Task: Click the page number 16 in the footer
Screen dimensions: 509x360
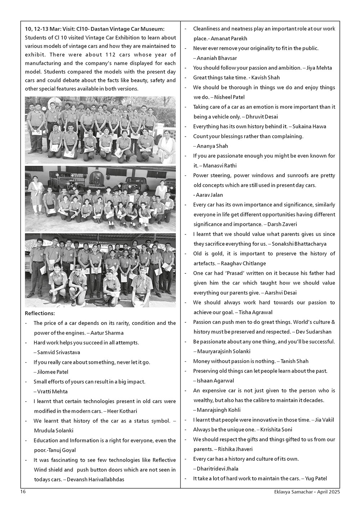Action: click(x=23, y=491)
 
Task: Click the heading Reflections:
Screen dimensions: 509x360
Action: click(x=40, y=313)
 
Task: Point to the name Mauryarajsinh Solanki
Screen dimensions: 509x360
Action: click(x=224, y=351)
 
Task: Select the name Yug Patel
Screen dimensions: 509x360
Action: click(x=316, y=478)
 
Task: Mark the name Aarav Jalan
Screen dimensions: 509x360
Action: click(x=210, y=195)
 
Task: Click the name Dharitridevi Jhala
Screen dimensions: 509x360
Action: click(x=217, y=469)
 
